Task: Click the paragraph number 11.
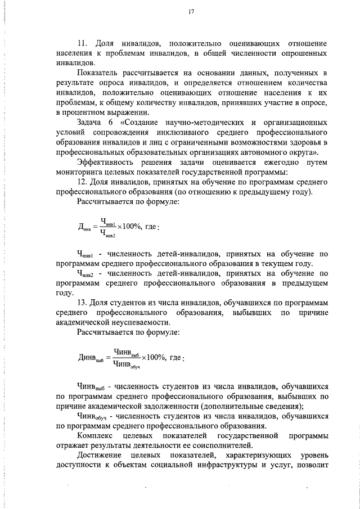point(82,43)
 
